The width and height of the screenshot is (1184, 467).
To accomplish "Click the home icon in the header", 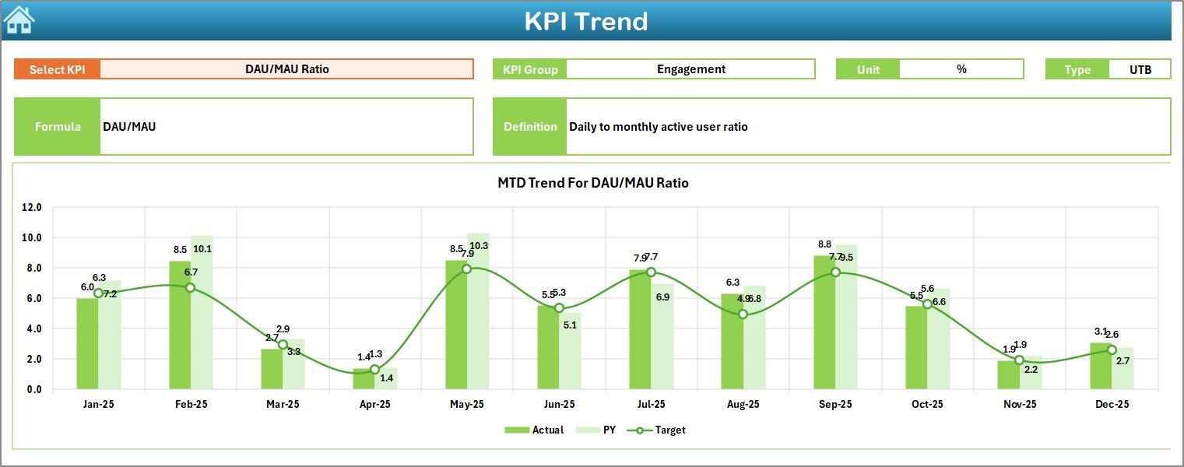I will click(19, 20).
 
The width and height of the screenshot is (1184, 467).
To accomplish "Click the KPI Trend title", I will click(585, 21).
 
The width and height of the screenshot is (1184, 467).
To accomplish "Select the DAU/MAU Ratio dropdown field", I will click(286, 69).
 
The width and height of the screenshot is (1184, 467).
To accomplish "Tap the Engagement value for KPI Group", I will click(690, 69).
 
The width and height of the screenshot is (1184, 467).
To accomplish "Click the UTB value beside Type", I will click(1140, 69).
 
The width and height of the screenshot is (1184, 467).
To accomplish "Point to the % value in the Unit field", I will click(961, 69).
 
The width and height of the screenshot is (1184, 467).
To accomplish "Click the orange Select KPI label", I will click(58, 69).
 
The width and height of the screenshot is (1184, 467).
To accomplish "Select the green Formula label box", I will click(58, 126).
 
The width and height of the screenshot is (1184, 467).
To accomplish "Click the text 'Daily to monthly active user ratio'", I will click(658, 126).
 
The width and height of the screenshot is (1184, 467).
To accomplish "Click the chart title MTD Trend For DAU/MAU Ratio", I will click(592, 183).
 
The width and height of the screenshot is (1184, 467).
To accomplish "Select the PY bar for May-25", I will click(478, 311).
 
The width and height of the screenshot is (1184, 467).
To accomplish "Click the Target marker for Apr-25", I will click(374, 370).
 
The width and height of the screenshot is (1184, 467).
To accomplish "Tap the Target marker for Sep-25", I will click(835, 272).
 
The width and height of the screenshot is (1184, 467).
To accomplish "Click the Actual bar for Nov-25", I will click(1008, 375).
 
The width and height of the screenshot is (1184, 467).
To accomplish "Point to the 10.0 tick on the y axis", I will click(33, 237).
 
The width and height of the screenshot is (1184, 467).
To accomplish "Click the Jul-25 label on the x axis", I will click(651, 405).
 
